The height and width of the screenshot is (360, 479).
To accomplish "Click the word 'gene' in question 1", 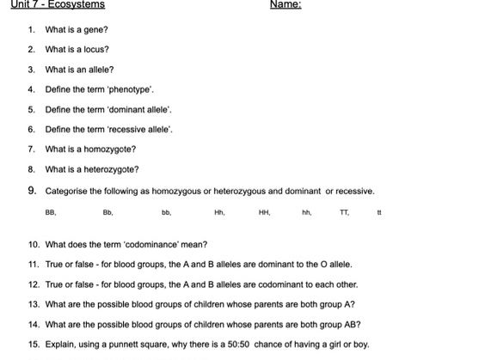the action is pos(96,29).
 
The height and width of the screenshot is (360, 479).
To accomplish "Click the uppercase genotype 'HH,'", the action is pos(264,211).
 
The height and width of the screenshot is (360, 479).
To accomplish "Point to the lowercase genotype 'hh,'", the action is pos(306,211).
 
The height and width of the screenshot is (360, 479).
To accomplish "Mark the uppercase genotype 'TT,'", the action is pos(345,211).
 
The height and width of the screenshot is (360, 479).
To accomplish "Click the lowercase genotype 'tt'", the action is pos(379,211).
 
